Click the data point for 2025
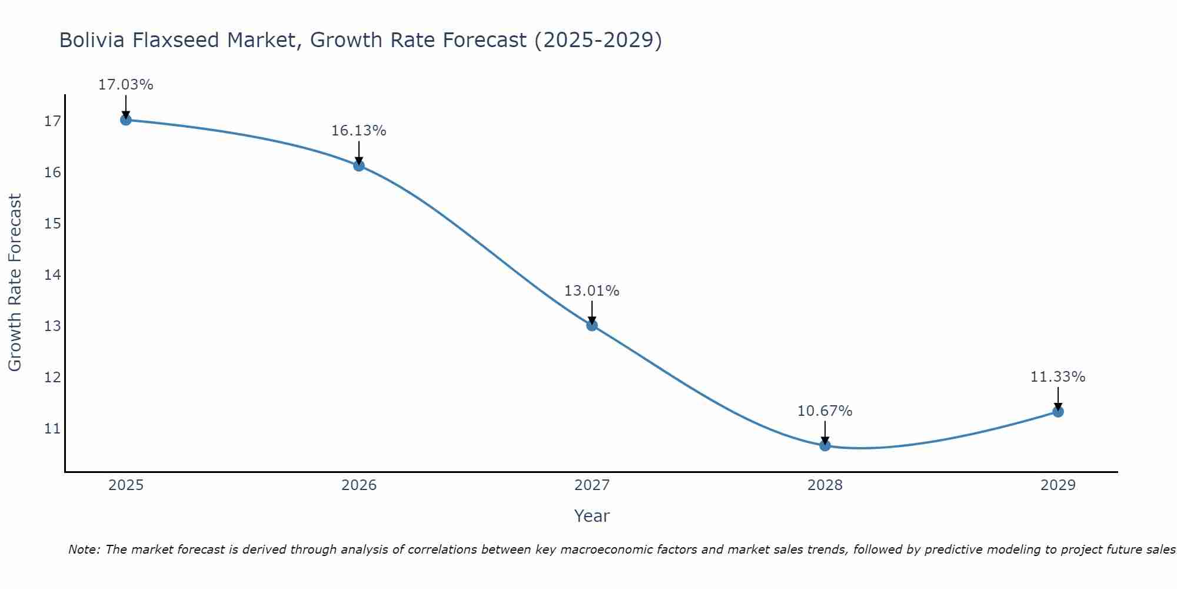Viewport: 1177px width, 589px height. [125, 120]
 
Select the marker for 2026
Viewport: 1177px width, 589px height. [359, 166]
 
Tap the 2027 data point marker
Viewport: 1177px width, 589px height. [592, 325]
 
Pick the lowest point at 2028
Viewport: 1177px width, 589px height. [825, 445]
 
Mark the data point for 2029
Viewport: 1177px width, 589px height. [1058, 412]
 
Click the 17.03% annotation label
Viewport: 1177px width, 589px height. [125, 85]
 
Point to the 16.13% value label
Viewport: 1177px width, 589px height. [359, 131]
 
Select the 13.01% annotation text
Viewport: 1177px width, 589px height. [592, 291]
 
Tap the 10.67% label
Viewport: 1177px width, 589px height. [825, 411]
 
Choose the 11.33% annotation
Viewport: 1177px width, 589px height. [1058, 377]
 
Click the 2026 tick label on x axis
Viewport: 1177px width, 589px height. [359, 485]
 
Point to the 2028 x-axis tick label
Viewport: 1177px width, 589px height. [825, 485]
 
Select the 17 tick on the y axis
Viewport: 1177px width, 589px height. [52, 121]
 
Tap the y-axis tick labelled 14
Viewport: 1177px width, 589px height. [52, 274]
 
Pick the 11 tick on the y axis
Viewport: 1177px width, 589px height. [52, 428]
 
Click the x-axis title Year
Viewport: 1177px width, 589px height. [592, 516]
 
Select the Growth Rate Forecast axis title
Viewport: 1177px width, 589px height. [15, 282]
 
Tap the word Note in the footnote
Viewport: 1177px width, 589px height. [85, 550]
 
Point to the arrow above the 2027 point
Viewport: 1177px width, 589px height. [592, 313]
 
